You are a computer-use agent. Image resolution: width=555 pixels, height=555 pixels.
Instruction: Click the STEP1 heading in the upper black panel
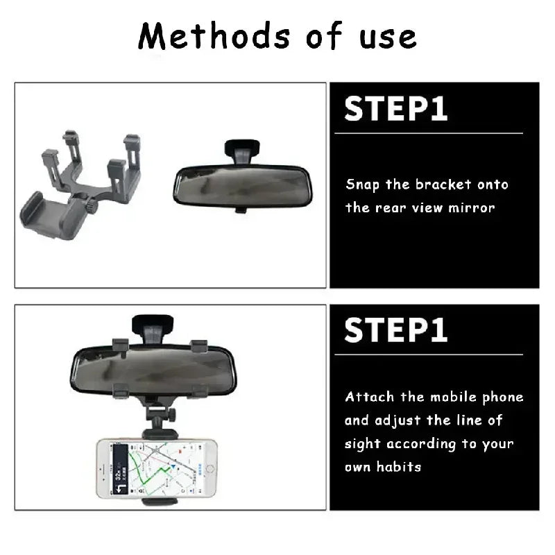click(x=395, y=109)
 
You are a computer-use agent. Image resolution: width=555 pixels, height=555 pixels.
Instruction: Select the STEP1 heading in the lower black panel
click(x=395, y=330)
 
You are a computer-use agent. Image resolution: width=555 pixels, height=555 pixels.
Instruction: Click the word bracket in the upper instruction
click(x=443, y=185)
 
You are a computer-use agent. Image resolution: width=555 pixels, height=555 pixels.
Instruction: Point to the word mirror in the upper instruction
click(x=472, y=207)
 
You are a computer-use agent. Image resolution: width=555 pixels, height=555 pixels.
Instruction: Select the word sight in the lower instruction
click(x=361, y=444)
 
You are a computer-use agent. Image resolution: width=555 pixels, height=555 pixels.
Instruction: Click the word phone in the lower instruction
click(x=501, y=398)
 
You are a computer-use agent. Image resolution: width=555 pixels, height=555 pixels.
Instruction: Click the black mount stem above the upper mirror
click(x=242, y=149)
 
